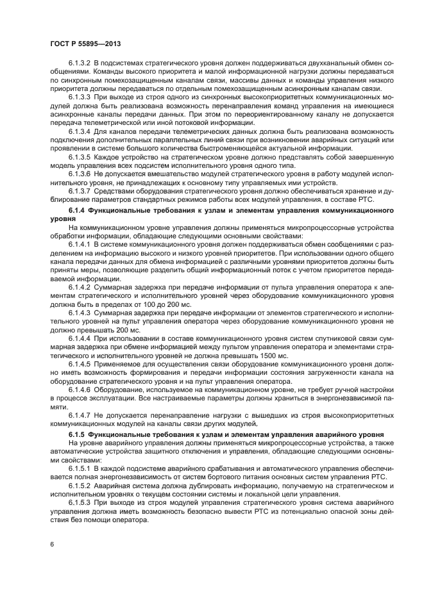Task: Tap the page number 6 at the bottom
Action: point(51,545)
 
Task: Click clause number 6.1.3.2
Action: point(80,65)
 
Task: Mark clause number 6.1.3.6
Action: point(80,174)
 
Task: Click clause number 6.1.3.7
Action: point(80,192)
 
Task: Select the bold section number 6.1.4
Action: point(76,209)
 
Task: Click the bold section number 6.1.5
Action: point(76,434)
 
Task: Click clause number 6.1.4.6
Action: point(80,390)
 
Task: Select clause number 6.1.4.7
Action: point(80,416)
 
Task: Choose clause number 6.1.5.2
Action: point(80,487)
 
